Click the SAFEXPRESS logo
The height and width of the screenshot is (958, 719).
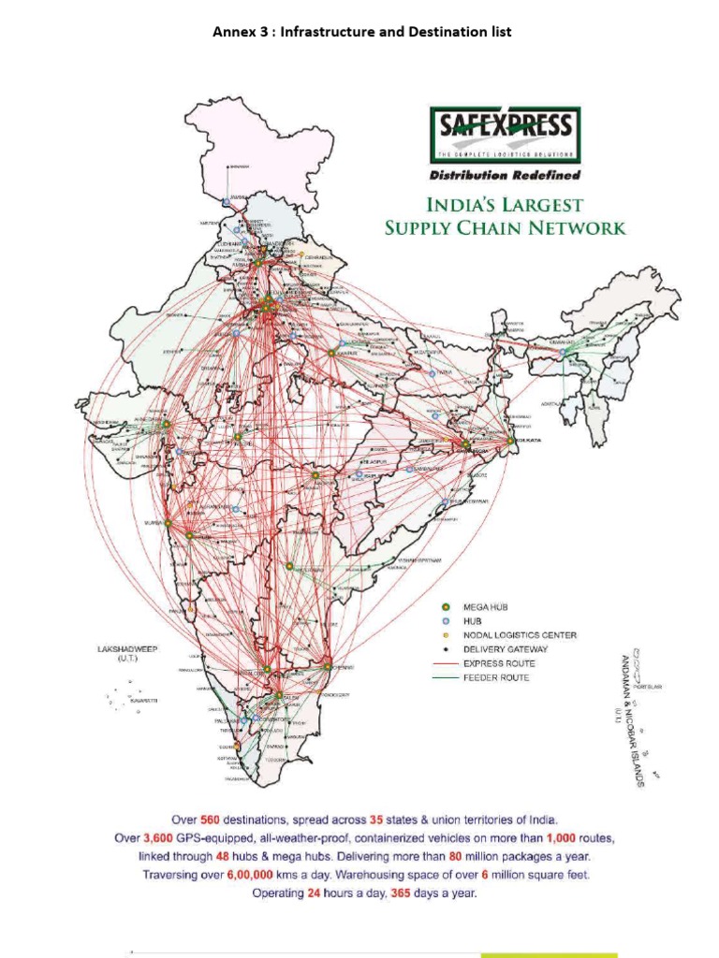pos(505,136)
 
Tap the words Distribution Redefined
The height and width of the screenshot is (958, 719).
pos(505,175)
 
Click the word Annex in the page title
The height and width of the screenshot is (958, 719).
pos(234,32)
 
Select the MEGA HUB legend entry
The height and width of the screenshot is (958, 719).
pos(505,607)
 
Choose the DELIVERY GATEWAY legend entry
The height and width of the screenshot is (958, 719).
pos(512,649)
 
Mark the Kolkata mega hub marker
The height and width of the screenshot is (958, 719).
pos(511,440)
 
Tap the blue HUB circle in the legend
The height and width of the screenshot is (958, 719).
pos(447,621)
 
